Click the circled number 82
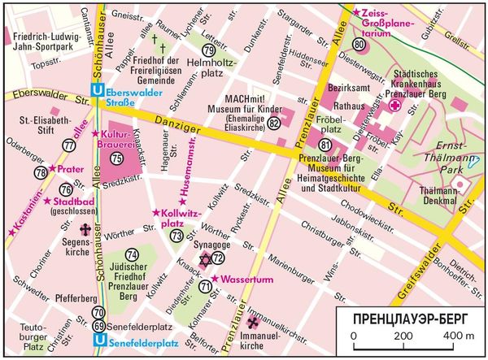pyautogui.click(x=274, y=123)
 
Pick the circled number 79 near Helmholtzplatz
pyautogui.click(x=209, y=50)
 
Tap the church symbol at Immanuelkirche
pyautogui.click(x=251, y=323)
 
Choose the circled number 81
pyautogui.click(x=326, y=145)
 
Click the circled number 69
pyautogui.click(x=98, y=326)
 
